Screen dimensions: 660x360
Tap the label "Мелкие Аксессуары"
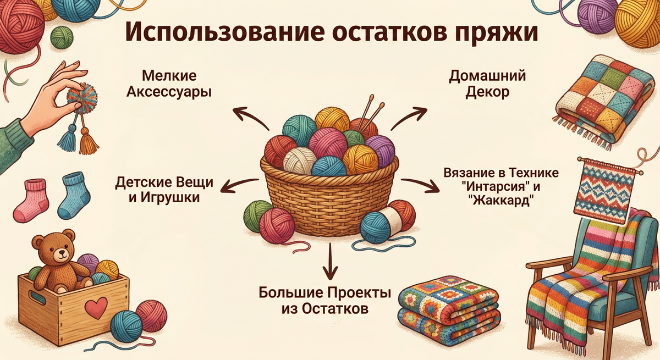(169, 84)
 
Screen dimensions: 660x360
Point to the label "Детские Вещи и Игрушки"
(164, 189)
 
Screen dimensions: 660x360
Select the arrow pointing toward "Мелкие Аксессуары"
(248, 117)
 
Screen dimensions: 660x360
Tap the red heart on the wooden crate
(97, 307)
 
